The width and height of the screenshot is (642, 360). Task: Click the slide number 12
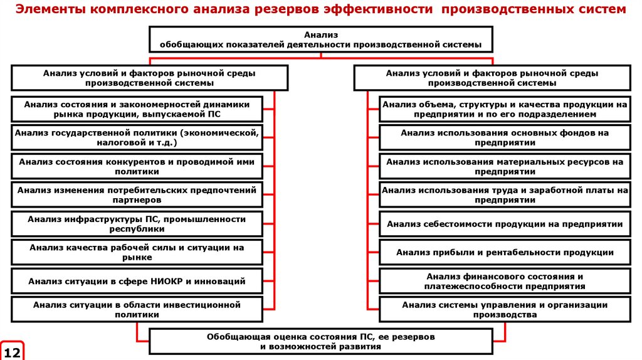pyautogui.click(x=13, y=351)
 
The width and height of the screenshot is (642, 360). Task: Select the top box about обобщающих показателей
pyautogui.click(x=320, y=40)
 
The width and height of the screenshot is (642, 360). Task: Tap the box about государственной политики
pyautogui.click(x=137, y=138)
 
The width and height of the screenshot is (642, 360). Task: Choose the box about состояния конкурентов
pyautogui.click(x=137, y=166)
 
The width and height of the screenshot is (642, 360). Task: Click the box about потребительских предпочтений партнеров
pyautogui.click(x=137, y=194)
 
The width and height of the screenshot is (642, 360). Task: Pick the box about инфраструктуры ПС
pyautogui.click(x=137, y=223)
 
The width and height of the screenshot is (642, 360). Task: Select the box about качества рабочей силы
pyautogui.click(x=137, y=252)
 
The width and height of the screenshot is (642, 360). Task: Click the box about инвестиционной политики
pyautogui.click(x=137, y=310)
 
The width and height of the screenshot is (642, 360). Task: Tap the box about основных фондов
pyautogui.click(x=505, y=138)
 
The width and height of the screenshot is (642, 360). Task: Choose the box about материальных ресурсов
pyautogui.click(x=505, y=166)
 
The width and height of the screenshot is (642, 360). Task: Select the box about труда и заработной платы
pyautogui.click(x=505, y=194)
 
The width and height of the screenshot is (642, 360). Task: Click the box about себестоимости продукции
pyautogui.click(x=505, y=224)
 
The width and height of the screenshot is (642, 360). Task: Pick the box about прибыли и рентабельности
pyautogui.click(x=505, y=252)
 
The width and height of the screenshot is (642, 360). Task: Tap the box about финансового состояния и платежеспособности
pyautogui.click(x=505, y=281)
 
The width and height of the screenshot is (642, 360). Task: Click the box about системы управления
pyautogui.click(x=505, y=310)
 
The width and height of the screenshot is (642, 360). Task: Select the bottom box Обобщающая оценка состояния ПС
pyautogui.click(x=320, y=341)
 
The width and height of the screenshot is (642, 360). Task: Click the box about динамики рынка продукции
pyautogui.click(x=137, y=109)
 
